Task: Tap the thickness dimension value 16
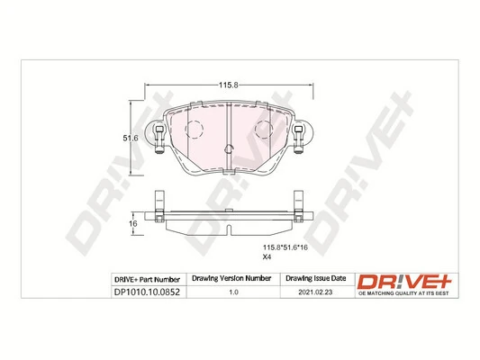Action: pyautogui.click(x=131, y=222)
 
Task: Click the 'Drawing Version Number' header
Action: pyautogui.click(x=233, y=279)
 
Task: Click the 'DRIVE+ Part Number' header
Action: pyautogui.click(x=148, y=279)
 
